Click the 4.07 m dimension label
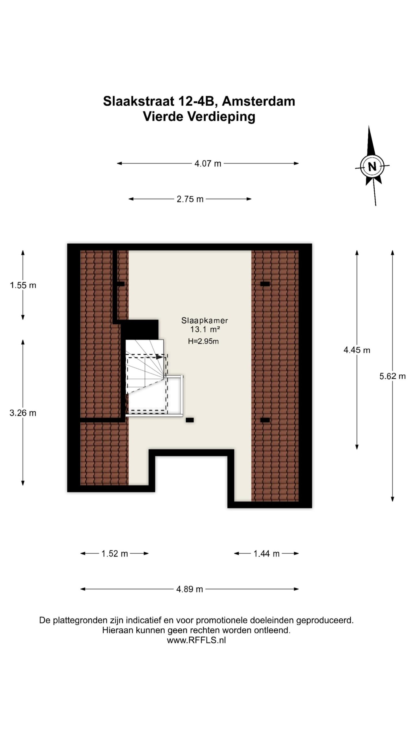click(208, 164)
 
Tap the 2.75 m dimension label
click(190, 199)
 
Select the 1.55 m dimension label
click(23, 285)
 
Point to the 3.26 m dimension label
click(23, 413)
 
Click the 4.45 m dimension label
click(357, 350)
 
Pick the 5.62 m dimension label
click(393, 376)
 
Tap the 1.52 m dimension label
click(115, 554)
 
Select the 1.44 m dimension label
click(267, 554)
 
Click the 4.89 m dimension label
click(190, 589)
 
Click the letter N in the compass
click(372, 167)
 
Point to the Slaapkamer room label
click(205, 320)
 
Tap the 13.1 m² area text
click(205, 329)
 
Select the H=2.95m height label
click(203, 341)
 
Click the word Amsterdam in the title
click(259, 101)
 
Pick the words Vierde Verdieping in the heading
click(199, 117)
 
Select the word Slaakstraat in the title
click(139, 101)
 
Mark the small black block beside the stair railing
click(190, 420)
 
